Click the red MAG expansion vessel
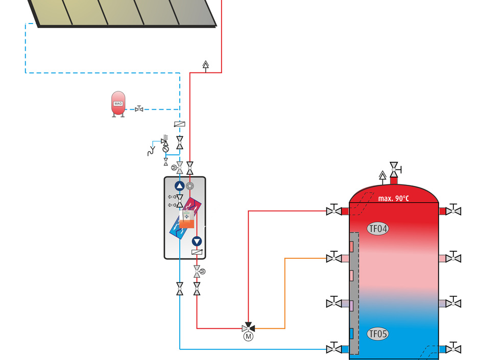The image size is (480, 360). pyautogui.click(x=118, y=104)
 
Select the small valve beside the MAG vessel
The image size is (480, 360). pyautogui.click(x=139, y=109)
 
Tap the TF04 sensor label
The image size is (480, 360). pyautogui.click(x=377, y=228)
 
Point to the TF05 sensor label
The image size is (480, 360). pyautogui.click(x=377, y=334)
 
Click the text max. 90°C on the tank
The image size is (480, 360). pyautogui.click(x=393, y=198)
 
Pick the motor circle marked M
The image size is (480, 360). pyautogui.click(x=249, y=336)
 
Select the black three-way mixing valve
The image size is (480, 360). pyautogui.click(x=249, y=327)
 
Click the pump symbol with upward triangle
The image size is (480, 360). pyautogui.click(x=179, y=186)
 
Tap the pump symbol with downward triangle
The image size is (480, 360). pyautogui.click(x=197, y=242)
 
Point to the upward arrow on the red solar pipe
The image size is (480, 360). pyautogui.click(x=206, y=65)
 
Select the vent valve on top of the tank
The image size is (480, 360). pyautogui.click(x=394, y=168)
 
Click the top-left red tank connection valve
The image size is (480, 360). pyautogui.click(x=333, y=211)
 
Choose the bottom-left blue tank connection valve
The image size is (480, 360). pyautogui.click(x=333, y=349)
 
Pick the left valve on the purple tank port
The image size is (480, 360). pyautogui.click(x=333, y=303)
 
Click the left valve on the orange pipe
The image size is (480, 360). pyautogui.click(x=333, y=258)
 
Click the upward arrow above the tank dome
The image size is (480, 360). pyautogui.click(x=382, y=177)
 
